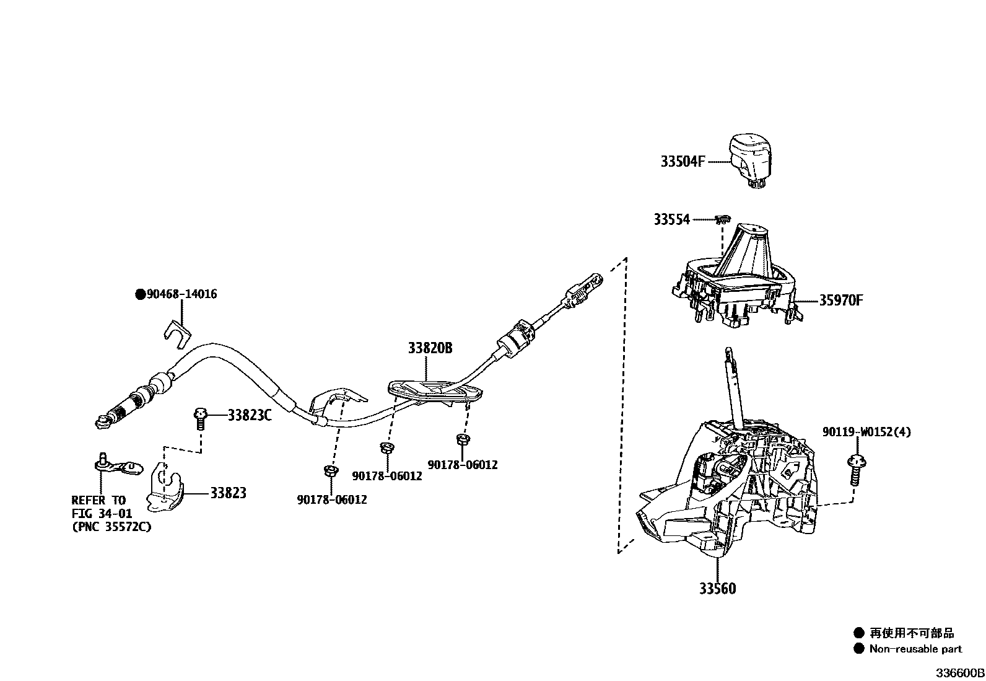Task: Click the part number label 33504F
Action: [683, 162]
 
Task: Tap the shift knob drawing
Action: [751, 159]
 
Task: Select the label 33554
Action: [671, 219]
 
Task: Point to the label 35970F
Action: [840, 301]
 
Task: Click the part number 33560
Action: [717, 589]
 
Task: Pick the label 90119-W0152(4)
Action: [866, 432]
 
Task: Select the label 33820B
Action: [430, 348]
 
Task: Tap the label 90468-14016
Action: [181, 294]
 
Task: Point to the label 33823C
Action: [250, 415]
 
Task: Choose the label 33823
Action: [228, 493]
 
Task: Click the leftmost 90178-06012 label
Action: [331, 499]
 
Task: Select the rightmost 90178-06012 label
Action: [462, 465]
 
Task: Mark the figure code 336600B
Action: [959, 673]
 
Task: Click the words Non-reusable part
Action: [915, 649]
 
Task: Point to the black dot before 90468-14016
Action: [140, 294]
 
